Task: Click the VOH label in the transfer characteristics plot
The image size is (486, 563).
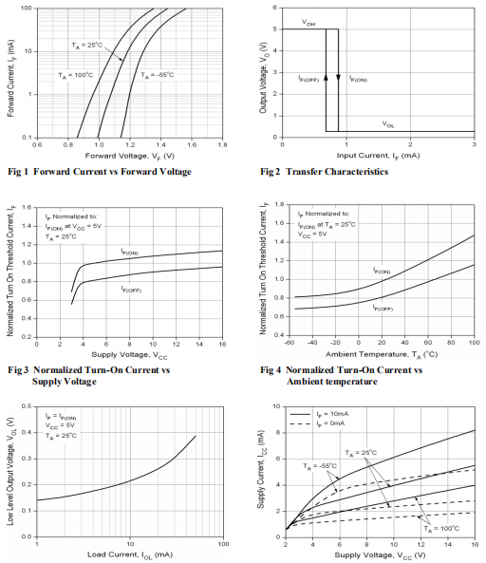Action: (x=308, y=23)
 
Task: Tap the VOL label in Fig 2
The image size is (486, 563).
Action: (x=388, y=124)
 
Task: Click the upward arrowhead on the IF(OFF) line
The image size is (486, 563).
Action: (x=326, y=77)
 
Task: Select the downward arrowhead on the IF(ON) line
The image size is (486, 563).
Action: (x=338, y=77)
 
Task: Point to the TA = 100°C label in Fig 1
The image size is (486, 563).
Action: (x=76, y=75)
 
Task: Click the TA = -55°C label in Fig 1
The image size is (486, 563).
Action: (x=158, y=75)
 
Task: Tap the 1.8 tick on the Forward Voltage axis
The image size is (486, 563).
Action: (x=222, y=144)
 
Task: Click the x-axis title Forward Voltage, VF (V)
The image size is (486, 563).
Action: (x=130, y=156)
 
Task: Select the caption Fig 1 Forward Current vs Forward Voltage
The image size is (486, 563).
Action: (x=100, y=172)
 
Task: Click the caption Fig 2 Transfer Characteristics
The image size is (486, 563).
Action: (x=324, y=172)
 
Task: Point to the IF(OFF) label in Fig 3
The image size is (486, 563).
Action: (x=131, y=289)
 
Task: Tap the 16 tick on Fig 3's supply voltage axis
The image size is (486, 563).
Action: (x=222, y=344)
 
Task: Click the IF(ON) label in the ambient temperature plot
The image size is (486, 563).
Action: (x=382, y=271)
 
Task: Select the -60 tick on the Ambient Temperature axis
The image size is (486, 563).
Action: (x=290, y=343)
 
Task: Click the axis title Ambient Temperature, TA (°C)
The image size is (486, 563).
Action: (x=382, y=354)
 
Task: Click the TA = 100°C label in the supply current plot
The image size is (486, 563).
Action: (x=441, y=529)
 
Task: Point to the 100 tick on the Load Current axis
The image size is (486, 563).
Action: (x=223, y=544)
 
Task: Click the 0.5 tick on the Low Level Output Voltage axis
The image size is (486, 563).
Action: (x=27, y=406)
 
